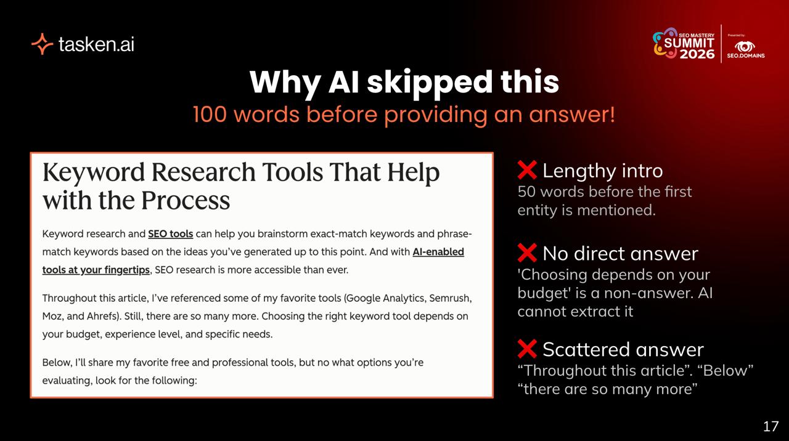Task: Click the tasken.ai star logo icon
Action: coord(43,44)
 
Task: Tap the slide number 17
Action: coord(771,426)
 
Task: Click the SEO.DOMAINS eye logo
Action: coord(745,46)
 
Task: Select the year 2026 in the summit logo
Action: coord(697,54)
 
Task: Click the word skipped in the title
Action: coord(429,83)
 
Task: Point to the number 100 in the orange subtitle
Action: coord(210,115)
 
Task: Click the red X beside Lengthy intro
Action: coord(527,170)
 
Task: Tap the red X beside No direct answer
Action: coord(527,253)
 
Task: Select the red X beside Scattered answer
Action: coord(527,349)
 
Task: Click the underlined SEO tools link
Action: coord(171,234)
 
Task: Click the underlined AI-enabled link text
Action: coord(438,252)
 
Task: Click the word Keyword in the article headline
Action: coord(94,173)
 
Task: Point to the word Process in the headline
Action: coord(186,200)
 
